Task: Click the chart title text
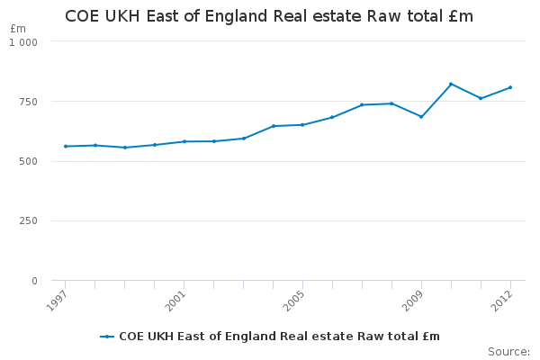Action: click(x=269, y=16)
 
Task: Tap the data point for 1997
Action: click(x=66, y=147)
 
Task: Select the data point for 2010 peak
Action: click(x=451, y=84)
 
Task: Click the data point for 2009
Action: click(x=421, y=117)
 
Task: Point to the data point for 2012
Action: click(x=510, y=87)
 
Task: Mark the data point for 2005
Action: click(x=302, y=125)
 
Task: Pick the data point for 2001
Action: click(x=184, y=141)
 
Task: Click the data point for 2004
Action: click(x=274, y=126)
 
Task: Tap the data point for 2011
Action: click(x=481, y=98)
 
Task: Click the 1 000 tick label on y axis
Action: click(x=23, y=42)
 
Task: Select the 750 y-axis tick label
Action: click(x=28, y=102)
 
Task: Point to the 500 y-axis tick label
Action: click(x=28, y=161)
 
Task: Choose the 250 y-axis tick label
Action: click(x=28, y=220)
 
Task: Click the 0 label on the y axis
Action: click(x=34, y=281)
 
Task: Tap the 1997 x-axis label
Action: click(x=57, y=301)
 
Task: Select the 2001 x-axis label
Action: click(x=175, y=301)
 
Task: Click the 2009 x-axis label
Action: click(x=412, y=301)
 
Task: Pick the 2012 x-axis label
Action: click(x=501, y=301)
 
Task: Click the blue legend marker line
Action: click(x=107, y=337)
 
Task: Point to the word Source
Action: click(x=508, y=352)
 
